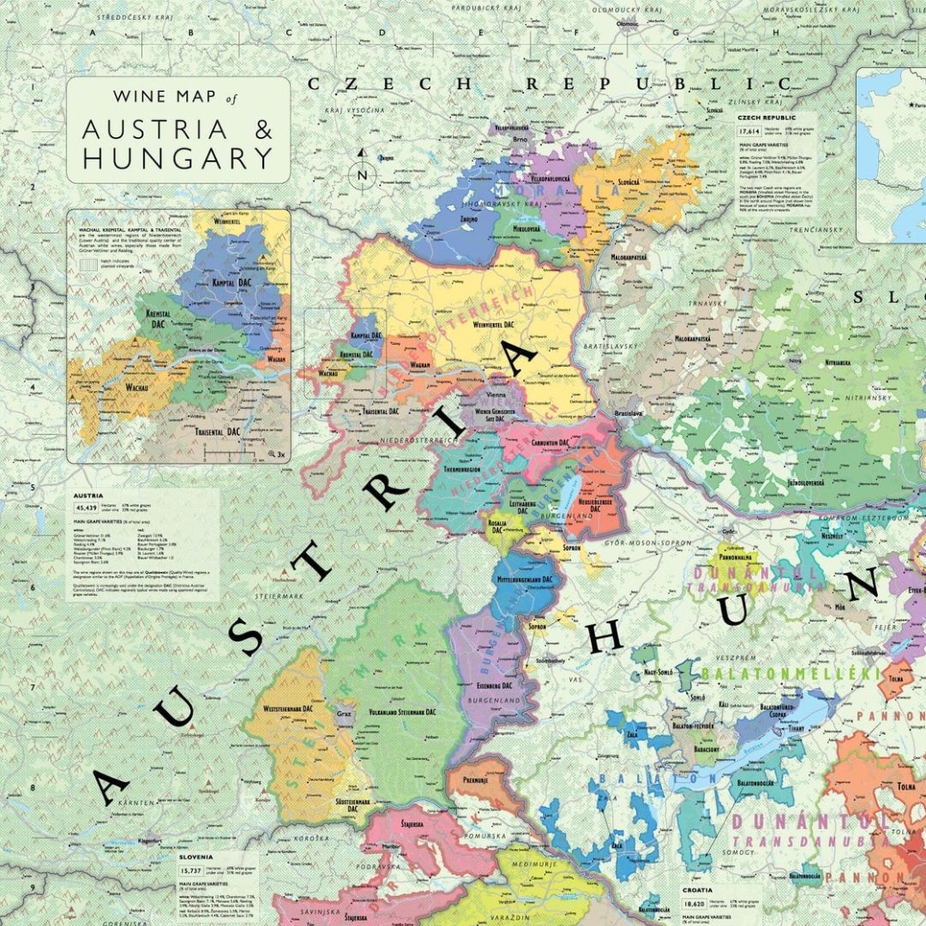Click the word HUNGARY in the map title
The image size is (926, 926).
[x=177, y=158]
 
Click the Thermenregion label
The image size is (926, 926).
[x=462, y=469]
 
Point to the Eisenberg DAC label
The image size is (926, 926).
[x=494, y=685]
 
